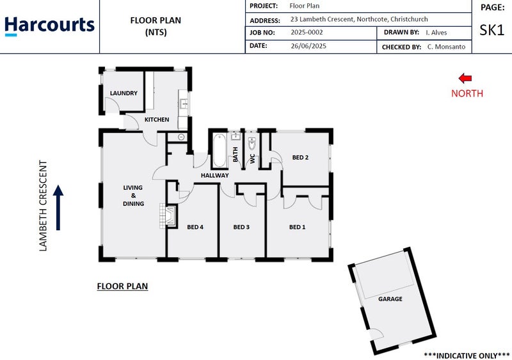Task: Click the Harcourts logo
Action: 49,26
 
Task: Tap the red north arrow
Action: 465,78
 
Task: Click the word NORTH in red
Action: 467,93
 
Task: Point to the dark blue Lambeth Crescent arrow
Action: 58,207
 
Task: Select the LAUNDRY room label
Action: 124,93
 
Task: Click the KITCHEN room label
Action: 157,120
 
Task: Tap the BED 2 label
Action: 301,157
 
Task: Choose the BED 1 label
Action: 297,227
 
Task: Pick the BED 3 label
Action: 241,227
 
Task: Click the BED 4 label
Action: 195,227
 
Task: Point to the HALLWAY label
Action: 214,175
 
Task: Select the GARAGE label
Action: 390,299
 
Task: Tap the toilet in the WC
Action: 252,145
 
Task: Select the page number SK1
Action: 492,30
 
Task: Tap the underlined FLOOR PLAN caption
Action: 122,286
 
